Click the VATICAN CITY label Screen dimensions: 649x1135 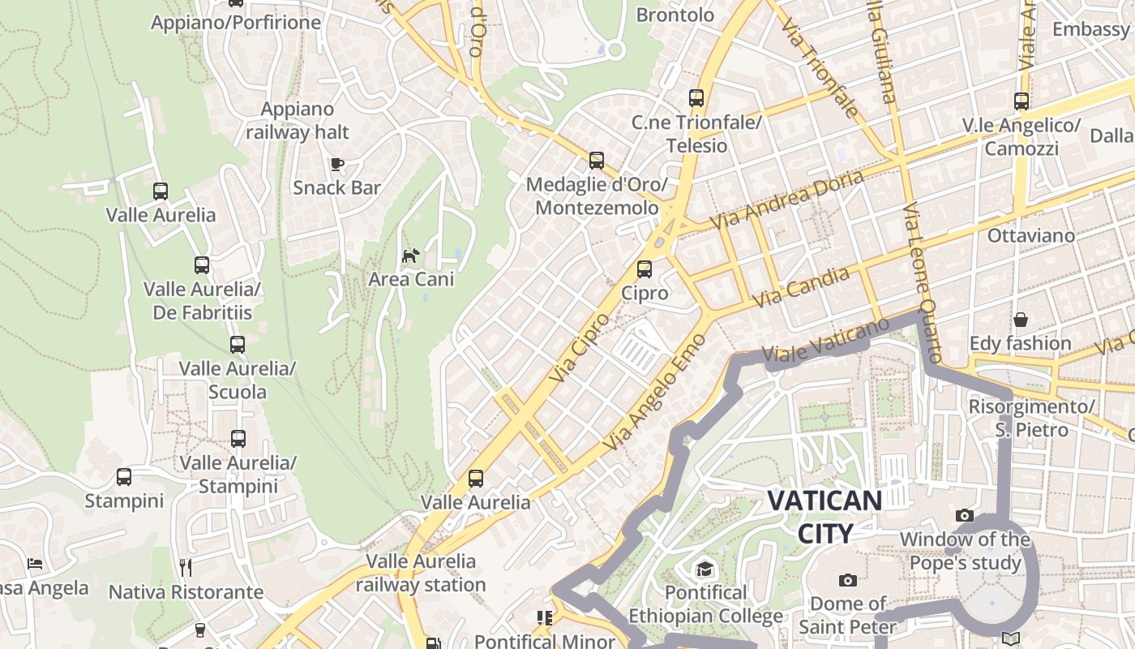click(824, 517)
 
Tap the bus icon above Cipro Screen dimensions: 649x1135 click(645, 269)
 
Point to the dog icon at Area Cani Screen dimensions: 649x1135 click(411, 256)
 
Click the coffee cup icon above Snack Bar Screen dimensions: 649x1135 click(336, 165)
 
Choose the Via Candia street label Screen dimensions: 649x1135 click(801, 286)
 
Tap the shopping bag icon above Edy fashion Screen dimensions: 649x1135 click(1020, 320)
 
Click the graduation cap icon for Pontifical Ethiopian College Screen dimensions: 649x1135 click(705, 569)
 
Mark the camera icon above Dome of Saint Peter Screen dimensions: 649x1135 click(848, 580)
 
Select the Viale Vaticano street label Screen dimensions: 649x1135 click(825, 340)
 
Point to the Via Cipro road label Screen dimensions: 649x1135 click(579, 347)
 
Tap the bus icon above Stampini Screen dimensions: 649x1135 click(124, 477)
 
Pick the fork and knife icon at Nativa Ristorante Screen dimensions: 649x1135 click(186, 567)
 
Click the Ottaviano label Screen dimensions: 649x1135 click(1031, 236)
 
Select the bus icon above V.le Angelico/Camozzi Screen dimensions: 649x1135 click(1021, 101)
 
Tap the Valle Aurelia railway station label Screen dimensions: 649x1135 click(421, 573)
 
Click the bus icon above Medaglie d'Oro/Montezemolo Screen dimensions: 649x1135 click(597, 161)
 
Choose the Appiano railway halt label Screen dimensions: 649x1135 click(298, 121)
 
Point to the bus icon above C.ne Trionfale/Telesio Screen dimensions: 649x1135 click(696, 98)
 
